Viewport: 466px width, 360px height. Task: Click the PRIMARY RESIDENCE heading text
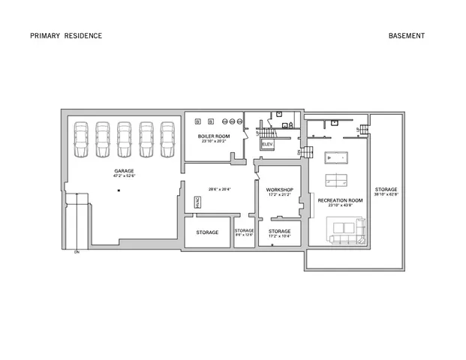click(66, 35)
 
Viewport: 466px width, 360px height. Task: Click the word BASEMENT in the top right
click(407, 35)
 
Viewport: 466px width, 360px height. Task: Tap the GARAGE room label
click(124, 171)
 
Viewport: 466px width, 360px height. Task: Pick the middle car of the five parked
click(124, 139)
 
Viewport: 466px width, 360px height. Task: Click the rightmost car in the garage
click(167, 139)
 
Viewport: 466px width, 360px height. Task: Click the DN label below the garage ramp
click(77, 253)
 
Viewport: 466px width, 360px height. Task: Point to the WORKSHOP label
click(279, 190)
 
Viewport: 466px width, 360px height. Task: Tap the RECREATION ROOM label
click(340, 201)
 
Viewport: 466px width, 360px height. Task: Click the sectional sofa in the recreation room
click(347, 229)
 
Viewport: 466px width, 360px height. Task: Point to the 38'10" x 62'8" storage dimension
click(386, 193)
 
